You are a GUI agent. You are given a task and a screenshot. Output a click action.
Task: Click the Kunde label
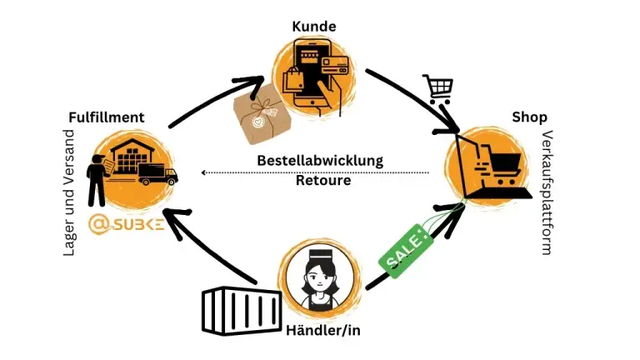click(x=314, y=27)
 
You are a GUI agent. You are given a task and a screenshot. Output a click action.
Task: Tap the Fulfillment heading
click(x=107, y=117)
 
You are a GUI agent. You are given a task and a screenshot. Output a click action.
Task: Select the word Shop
click(x=529, y=117)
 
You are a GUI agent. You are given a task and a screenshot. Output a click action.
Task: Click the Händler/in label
click(x=323, y=330)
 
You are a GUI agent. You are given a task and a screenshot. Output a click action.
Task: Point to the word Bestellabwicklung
click(x=320, y=160)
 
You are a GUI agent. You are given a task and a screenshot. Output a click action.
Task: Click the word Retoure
click(x=323, y=180)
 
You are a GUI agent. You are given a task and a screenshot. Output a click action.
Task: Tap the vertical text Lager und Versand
click(x=69, y=192)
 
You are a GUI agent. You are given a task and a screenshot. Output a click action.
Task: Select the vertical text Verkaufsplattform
click(x=546, y=192)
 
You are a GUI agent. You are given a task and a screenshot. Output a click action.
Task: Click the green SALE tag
click(x=406, y=250)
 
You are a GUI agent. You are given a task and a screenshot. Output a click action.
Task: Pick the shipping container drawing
click(x=242, y=311)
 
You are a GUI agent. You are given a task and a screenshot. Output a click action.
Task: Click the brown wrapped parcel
click(x=262, y=114)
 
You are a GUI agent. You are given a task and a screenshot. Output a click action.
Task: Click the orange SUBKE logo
click(x=127, y=224)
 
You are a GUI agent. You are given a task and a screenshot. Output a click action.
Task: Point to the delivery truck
click(x=157, y=174)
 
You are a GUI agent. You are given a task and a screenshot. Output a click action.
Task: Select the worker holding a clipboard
click(x=98, y=180)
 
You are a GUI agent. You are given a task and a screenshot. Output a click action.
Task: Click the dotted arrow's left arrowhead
click(x=203, y=172)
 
